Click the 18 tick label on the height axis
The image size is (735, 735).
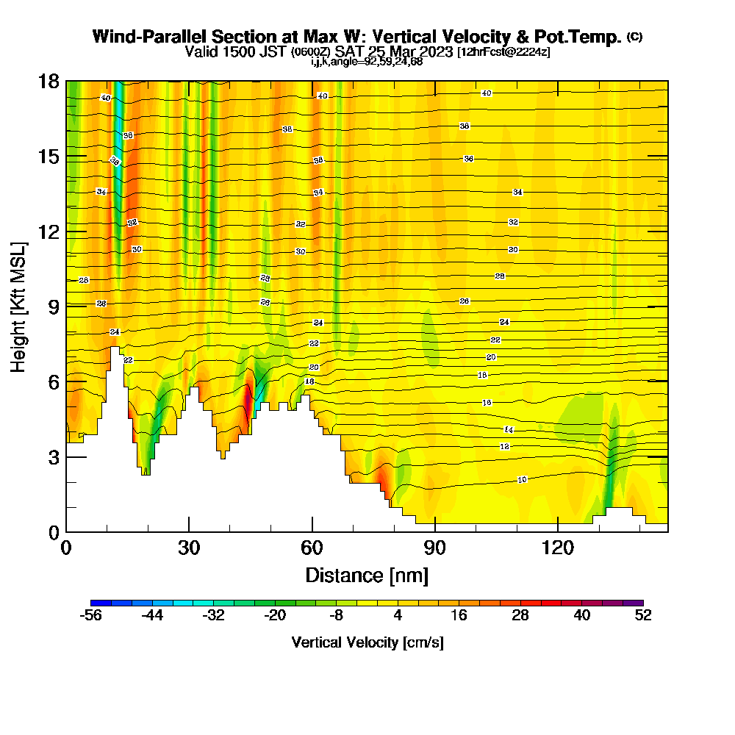tap(49, 81)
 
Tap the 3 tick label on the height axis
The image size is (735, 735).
tap(53, 456)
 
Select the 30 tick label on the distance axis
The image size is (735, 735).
tap(189, 548)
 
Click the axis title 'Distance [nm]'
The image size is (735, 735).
tap(367, 575)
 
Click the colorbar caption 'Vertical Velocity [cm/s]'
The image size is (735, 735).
tap(367, 642)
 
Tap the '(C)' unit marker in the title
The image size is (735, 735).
tap(635, 37)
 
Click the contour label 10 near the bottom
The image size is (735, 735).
tap(522, 479)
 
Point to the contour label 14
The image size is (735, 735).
tap(509, 429)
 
